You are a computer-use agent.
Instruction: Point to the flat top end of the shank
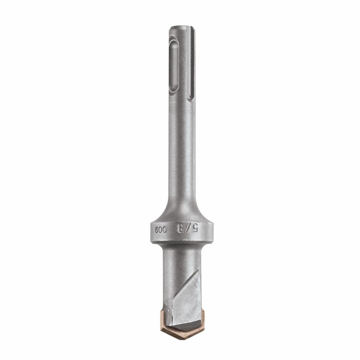[182, 27]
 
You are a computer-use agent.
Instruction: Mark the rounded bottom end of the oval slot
[174, 93]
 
